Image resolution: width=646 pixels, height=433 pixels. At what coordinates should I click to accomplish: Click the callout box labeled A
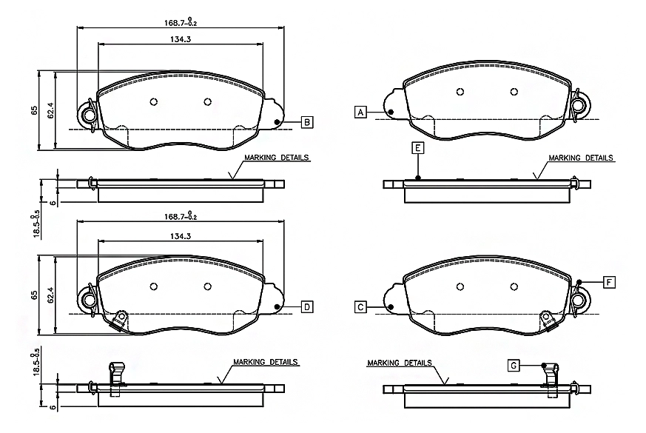[x=360, y=112]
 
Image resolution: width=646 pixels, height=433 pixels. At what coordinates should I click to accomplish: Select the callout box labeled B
[x=307, y=122]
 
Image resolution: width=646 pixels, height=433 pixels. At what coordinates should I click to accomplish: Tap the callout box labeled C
[x=360, y=307]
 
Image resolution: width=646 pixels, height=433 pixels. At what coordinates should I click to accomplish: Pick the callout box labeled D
[x=307, y=307]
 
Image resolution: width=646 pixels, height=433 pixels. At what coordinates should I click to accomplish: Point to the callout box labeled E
[x=418, y=148]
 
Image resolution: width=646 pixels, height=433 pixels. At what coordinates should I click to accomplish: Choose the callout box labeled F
[x=609, y=282]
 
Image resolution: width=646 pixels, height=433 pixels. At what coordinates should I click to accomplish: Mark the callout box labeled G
[x=514, y=366]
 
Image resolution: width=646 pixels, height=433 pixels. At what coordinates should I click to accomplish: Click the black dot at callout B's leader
[x=277, y=122]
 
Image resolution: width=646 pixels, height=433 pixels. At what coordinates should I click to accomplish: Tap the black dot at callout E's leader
[x=418, y=178]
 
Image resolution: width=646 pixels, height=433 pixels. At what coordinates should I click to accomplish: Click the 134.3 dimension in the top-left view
[x=181, y=39]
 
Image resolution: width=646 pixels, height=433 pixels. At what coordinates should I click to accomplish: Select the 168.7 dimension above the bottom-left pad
[x=181, y=216]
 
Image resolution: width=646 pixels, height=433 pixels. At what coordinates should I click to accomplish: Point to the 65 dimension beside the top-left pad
[x=34, y=110]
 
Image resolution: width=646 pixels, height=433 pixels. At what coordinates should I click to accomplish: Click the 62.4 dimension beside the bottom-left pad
[x=51, y=295]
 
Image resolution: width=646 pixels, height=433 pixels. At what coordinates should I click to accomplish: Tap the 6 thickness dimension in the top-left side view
[x=53, y=203]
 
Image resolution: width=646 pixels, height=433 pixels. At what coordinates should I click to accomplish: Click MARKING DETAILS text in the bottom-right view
[x=400, y=363]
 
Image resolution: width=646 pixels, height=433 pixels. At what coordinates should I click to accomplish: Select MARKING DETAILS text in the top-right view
[x=580, y=158]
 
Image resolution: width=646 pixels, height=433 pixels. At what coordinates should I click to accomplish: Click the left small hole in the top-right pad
[x=460, y=92]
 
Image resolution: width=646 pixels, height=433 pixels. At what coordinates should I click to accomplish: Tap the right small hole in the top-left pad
[x=208, y=101]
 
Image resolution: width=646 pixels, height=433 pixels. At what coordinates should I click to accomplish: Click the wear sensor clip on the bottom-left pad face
[x=119, y=320]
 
